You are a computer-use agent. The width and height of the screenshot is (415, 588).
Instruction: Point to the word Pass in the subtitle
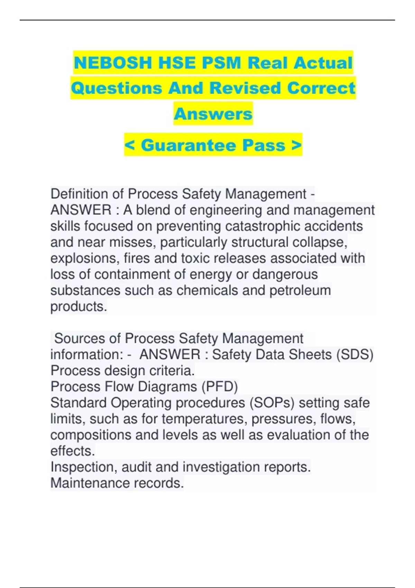(264, 145)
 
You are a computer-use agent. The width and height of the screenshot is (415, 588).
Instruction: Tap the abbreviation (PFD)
(219, 387)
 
